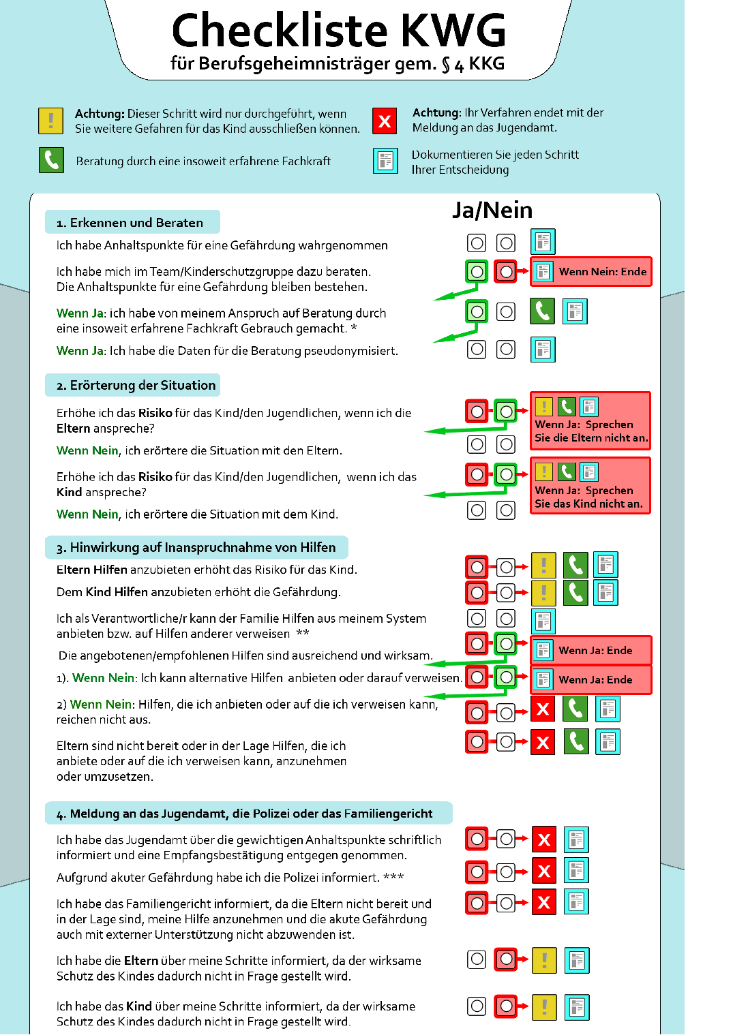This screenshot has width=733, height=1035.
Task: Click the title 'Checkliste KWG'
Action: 339,31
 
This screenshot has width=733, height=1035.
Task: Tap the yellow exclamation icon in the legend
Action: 51,121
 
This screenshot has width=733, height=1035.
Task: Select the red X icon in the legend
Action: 385,121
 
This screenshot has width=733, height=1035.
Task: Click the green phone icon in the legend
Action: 51,160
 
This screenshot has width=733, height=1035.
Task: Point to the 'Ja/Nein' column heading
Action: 492,210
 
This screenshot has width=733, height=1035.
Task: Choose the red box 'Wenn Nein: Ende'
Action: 591,272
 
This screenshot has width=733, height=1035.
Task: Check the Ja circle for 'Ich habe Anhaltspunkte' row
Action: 477,243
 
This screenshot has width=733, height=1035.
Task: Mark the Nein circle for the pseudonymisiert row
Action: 506,350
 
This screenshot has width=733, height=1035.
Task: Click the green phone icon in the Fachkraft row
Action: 542,311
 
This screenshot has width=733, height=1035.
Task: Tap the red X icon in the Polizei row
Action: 544,871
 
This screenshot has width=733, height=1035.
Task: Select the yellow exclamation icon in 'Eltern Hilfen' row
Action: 543,565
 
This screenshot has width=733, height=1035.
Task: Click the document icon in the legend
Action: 385,161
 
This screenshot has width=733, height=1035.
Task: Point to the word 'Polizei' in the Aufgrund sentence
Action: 340,877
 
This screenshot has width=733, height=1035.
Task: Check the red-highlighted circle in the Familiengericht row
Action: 477,903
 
